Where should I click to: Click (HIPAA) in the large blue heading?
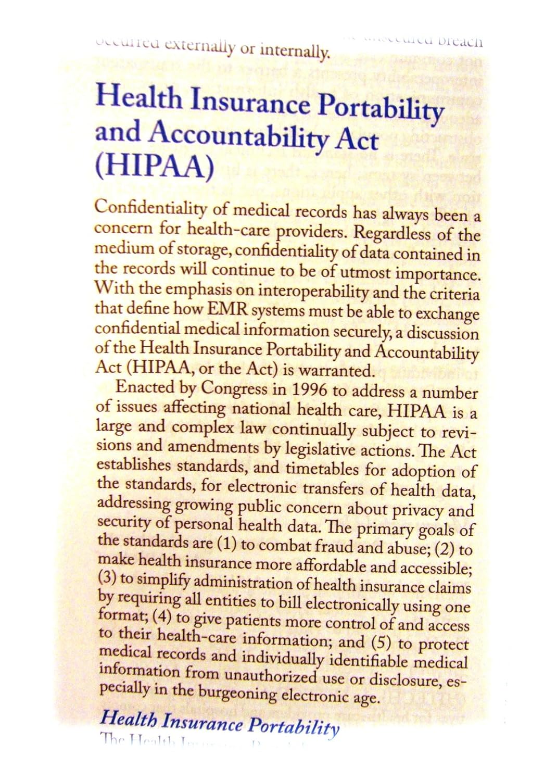pos(154,166)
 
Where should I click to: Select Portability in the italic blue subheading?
pos(294,726)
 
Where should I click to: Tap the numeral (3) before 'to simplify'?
pos(107,578)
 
